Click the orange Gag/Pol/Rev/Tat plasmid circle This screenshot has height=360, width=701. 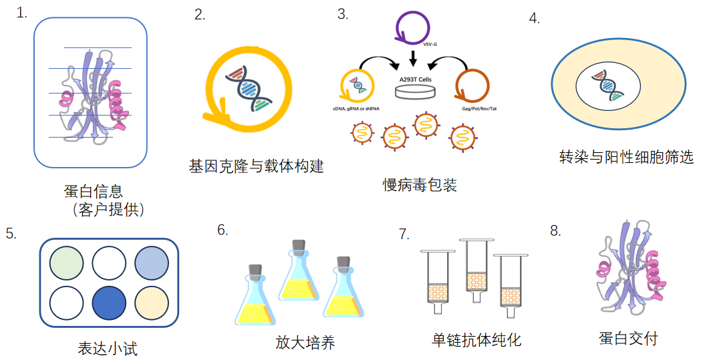(x=472, y=85)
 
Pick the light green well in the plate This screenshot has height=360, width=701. (x=67, y=262)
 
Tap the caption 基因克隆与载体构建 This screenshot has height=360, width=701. (x=257, y=166)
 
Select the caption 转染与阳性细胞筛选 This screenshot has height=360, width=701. (x=626, y=157)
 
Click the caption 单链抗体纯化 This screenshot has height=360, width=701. (x=476, y=339)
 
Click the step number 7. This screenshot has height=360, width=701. (x=404, y=234)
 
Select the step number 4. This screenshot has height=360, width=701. (x=534, y=19)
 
